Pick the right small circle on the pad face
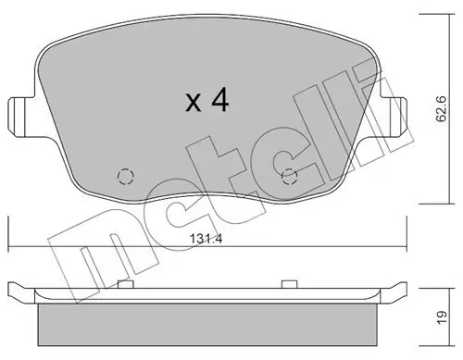[x=289, y=177]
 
